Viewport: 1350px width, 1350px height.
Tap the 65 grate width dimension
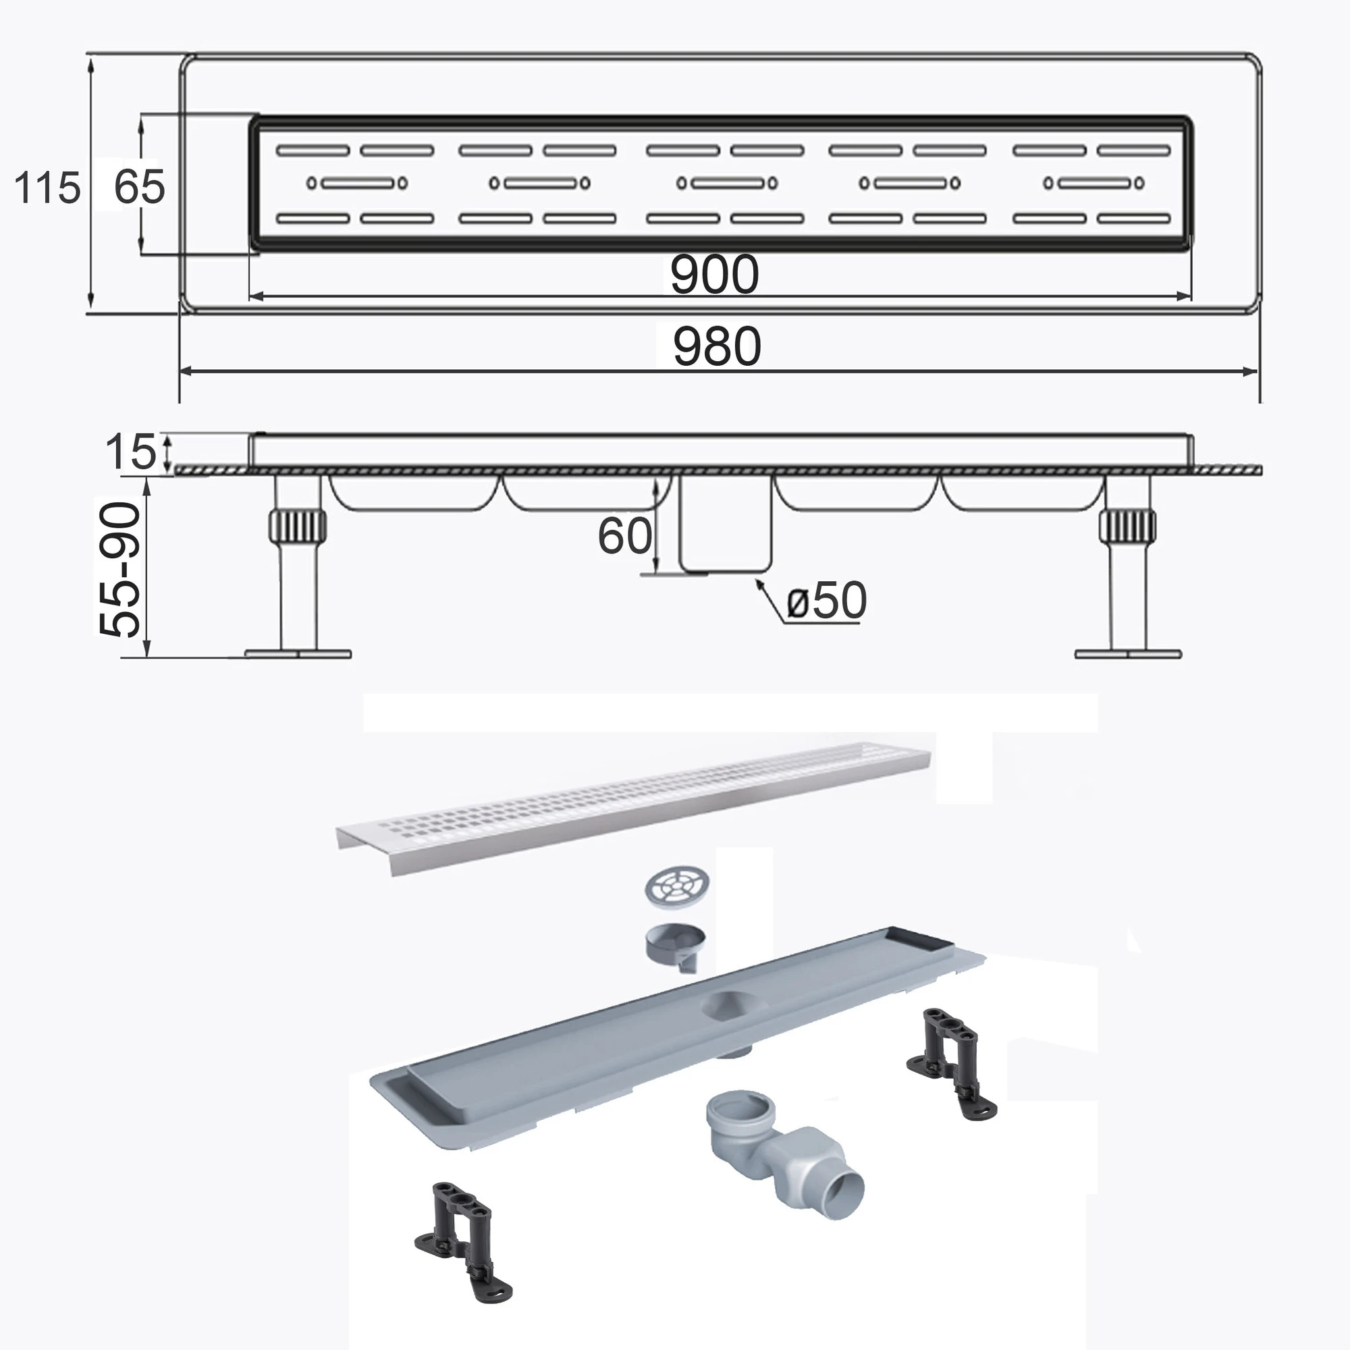pos(139,187)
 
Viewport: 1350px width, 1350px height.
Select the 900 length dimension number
pos(714,275)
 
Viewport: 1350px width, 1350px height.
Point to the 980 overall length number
pos(717,346)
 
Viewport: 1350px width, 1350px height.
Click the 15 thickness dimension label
pos(131,452)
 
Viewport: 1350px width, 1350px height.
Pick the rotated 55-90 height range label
pos(119,570)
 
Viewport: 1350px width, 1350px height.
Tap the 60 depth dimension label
pos(624,536)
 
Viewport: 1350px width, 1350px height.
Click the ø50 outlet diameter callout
pos(827,599)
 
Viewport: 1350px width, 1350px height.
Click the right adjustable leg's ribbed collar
pos(1127,524)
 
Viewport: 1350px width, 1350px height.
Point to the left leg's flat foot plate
pos(298,654)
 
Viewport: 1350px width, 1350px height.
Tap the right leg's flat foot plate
pos(1128,654)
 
